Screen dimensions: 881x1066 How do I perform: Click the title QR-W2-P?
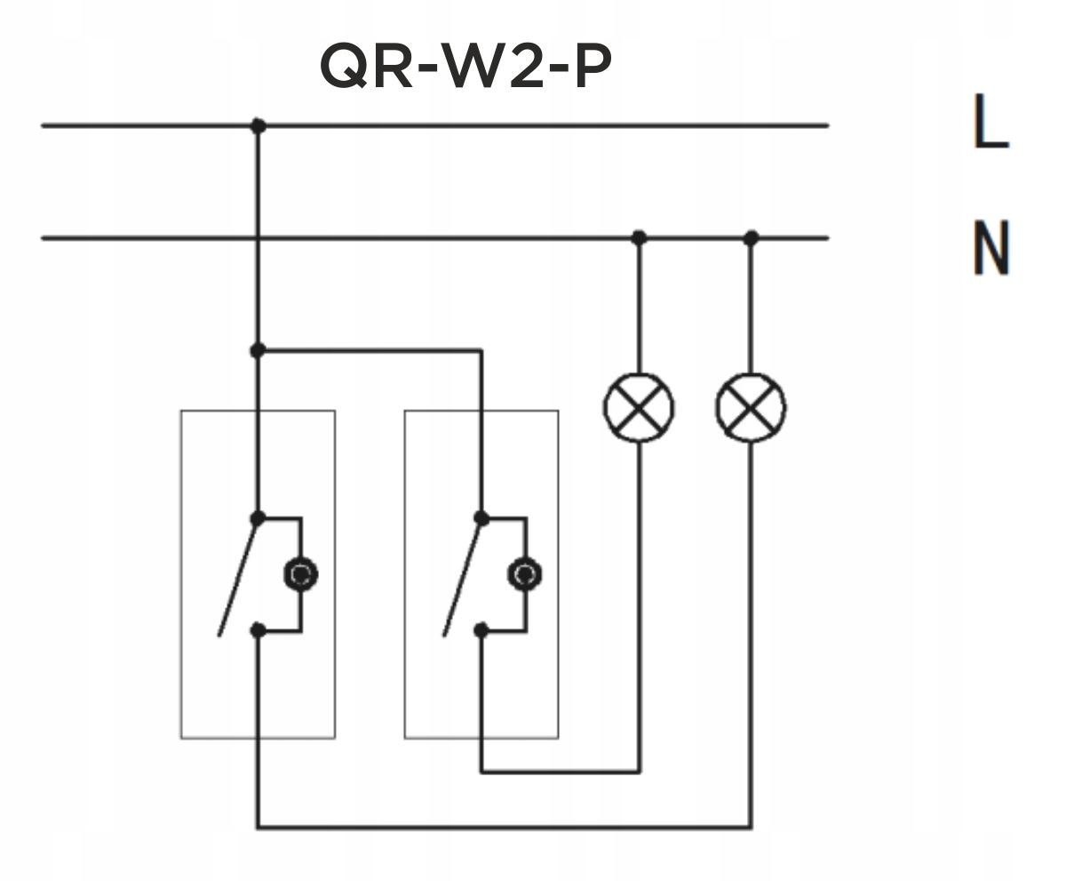click(x=465, y=68)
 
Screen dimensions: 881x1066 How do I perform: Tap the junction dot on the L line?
click(x=258, y=126)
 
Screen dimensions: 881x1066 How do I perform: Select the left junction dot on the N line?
click(x=639, y=237)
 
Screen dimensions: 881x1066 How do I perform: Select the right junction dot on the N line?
click(x=751, y=237)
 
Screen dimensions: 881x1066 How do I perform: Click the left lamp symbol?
click(x=639, y=407)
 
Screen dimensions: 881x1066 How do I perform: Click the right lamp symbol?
click(x=751, y=407)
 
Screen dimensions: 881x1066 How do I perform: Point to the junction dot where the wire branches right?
click(x=258, y=351)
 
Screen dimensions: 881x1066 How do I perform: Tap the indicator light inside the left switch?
click(x=300, y=574)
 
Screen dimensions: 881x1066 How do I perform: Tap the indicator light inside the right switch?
click(x=524, y=574)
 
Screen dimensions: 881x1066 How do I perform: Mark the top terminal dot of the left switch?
click(x=258, y=517)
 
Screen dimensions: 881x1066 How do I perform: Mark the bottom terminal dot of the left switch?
click(x=258, y=630)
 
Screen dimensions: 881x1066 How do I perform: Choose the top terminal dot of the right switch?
click(x=481, y=517)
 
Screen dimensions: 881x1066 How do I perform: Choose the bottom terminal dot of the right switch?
click(x=481, y=630)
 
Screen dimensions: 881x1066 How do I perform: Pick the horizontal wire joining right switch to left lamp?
click(x=560, y=772)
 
